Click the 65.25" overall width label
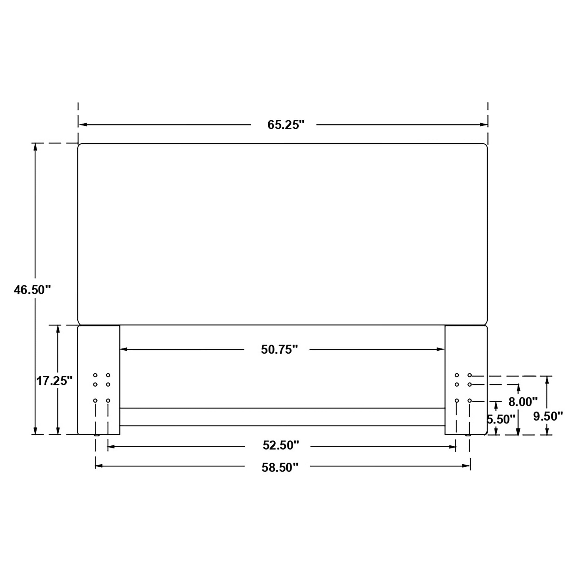pyautogui.click(x=285, y=125)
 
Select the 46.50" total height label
pyautogui.click(x=32, y=290)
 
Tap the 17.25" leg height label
pyautogui.click(x=54, y=381)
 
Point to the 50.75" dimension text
pyautogui.click(x=279, y=349)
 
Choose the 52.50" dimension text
pyautogui.click(x=281, y=445)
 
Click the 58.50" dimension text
pyautogui.click(x=280, y=467)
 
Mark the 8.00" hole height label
pyautogui.click(x=523, y=402)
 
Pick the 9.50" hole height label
pyautogui.click(x=548, y=416)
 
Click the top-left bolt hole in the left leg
pyautogui.click(x=95, y=375)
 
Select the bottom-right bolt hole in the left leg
pyautogui.click(x=108, y=400)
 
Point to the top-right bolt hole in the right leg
pyautogui.click(x=470, y=375)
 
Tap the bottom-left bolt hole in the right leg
pyautogui.click(x=457, y=400)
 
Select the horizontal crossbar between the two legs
pyautogui.click(x=282, y=417)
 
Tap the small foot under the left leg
pyautogui.click(x=96, y=436)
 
